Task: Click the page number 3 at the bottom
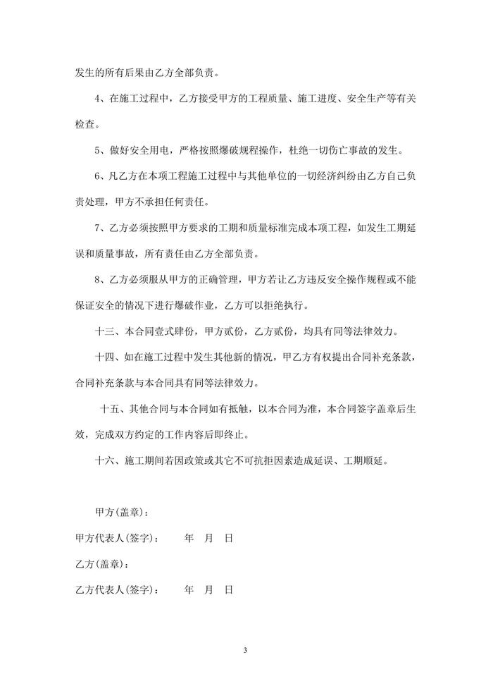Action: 246,649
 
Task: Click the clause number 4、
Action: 100,99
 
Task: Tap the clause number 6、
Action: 100,176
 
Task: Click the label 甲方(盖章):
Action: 121,512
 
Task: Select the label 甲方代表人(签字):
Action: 117,538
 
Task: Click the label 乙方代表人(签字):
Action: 117,589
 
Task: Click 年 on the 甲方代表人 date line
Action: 189,538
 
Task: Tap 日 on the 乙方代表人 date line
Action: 228,589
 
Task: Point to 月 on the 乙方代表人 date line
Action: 208,589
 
